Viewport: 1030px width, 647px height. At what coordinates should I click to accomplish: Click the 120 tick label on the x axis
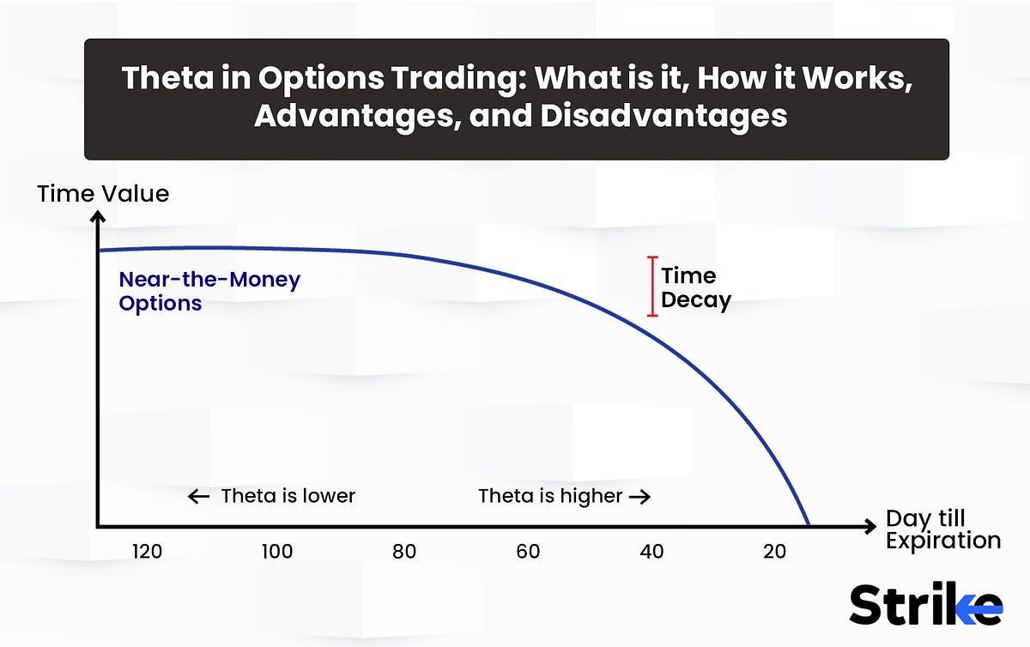click(147, 552)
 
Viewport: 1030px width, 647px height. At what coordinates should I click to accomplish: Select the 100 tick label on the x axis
click(277, 552)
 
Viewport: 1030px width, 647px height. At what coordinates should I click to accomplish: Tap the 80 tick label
click(403, 552)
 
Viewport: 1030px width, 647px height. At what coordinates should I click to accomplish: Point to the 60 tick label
click(528, 552)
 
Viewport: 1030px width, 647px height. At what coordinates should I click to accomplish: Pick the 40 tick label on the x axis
click(651, 552)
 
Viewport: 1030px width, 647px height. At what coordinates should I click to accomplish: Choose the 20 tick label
click(774, 552)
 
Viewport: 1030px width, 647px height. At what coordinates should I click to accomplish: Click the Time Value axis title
click(103, 194)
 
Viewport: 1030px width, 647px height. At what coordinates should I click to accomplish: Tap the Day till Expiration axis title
click(942, 529)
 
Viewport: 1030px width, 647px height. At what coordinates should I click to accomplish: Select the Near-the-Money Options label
click(209, 291)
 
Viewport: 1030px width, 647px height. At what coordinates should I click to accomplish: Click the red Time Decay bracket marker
click(652, 287)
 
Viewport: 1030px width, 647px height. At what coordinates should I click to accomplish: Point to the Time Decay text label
click(695, 287)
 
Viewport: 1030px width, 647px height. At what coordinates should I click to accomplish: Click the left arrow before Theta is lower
click(198, 496)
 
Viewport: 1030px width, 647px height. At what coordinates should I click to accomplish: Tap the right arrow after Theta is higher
click(639, 496)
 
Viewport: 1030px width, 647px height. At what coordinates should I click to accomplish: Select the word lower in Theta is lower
click(327, 496)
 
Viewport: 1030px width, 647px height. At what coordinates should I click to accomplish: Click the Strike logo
click(925, 606)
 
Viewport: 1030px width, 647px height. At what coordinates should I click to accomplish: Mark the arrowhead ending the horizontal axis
click(870, 527)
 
